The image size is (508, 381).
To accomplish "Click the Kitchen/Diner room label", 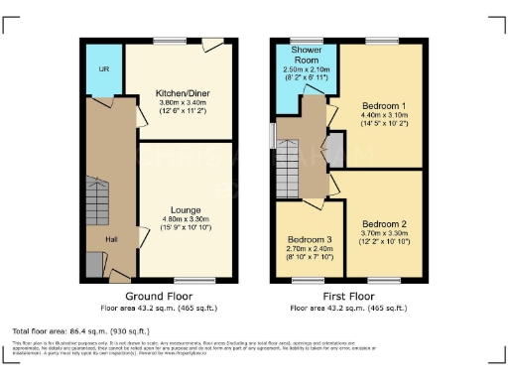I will click(x=184, y=94).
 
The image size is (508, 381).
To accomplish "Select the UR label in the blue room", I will click(x=102, y=68).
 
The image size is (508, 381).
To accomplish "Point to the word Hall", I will click(x=112, y=239).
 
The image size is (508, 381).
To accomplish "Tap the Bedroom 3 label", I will click(x=311, y=240).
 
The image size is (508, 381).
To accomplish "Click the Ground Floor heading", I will click(x=158, y=297).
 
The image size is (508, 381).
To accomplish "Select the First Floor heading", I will click(x=349, y=297).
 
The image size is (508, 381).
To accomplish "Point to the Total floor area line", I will click(x=80, y=330).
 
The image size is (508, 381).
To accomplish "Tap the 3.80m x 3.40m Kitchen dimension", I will click(x=184, y=103).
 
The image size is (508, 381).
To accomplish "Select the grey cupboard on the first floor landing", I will click(x=333, y=151).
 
